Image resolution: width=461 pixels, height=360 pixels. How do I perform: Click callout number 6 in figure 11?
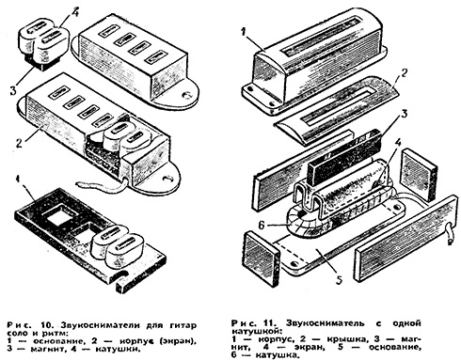[262, 225]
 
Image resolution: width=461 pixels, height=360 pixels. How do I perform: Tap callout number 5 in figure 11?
[340, 279]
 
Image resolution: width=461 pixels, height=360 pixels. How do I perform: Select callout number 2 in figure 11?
[405, 73]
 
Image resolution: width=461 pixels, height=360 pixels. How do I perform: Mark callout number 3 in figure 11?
[404, 113]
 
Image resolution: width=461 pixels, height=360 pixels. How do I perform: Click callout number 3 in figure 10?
[13, 90]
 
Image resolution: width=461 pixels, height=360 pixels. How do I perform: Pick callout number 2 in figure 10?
[20, 144]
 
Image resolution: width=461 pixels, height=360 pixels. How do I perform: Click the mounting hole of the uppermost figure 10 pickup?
[187, 94]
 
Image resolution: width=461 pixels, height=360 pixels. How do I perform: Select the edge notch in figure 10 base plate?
[120, 277]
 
